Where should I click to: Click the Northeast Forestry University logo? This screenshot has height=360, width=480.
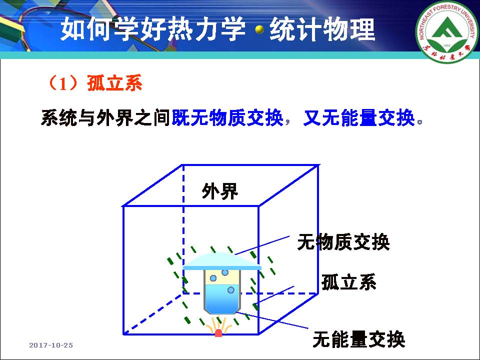[x=447, y=31]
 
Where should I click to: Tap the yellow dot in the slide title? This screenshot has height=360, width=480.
[x=259, y=29]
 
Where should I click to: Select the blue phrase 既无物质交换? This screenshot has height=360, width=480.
[x=227, y=117]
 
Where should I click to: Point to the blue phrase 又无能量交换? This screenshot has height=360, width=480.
[x=359, y=117]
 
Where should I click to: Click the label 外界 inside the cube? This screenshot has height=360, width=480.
[x=220, y=191]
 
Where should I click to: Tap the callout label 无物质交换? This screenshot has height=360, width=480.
[x=343, y=242]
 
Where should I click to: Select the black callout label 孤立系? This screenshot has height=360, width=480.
[x=348, y=281]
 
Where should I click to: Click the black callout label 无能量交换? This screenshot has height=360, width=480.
[x=359, y=339]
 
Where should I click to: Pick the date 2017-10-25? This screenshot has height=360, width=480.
[x=51, y=345]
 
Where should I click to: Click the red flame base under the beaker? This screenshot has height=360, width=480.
[x=218, y=333]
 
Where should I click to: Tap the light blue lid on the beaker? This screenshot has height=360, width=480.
[x=222, y=261]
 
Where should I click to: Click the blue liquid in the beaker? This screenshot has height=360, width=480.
[x=222, y=298]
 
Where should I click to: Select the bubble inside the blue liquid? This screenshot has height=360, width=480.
[x=231, y=290]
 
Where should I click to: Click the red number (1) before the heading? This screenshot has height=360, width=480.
[x=63, y=83]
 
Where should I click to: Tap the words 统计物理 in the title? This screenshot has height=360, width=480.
[x=322, y=29]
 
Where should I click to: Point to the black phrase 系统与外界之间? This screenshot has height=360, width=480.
[x=105, y=117]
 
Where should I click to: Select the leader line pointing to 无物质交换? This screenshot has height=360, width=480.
[x=262, y=245]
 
